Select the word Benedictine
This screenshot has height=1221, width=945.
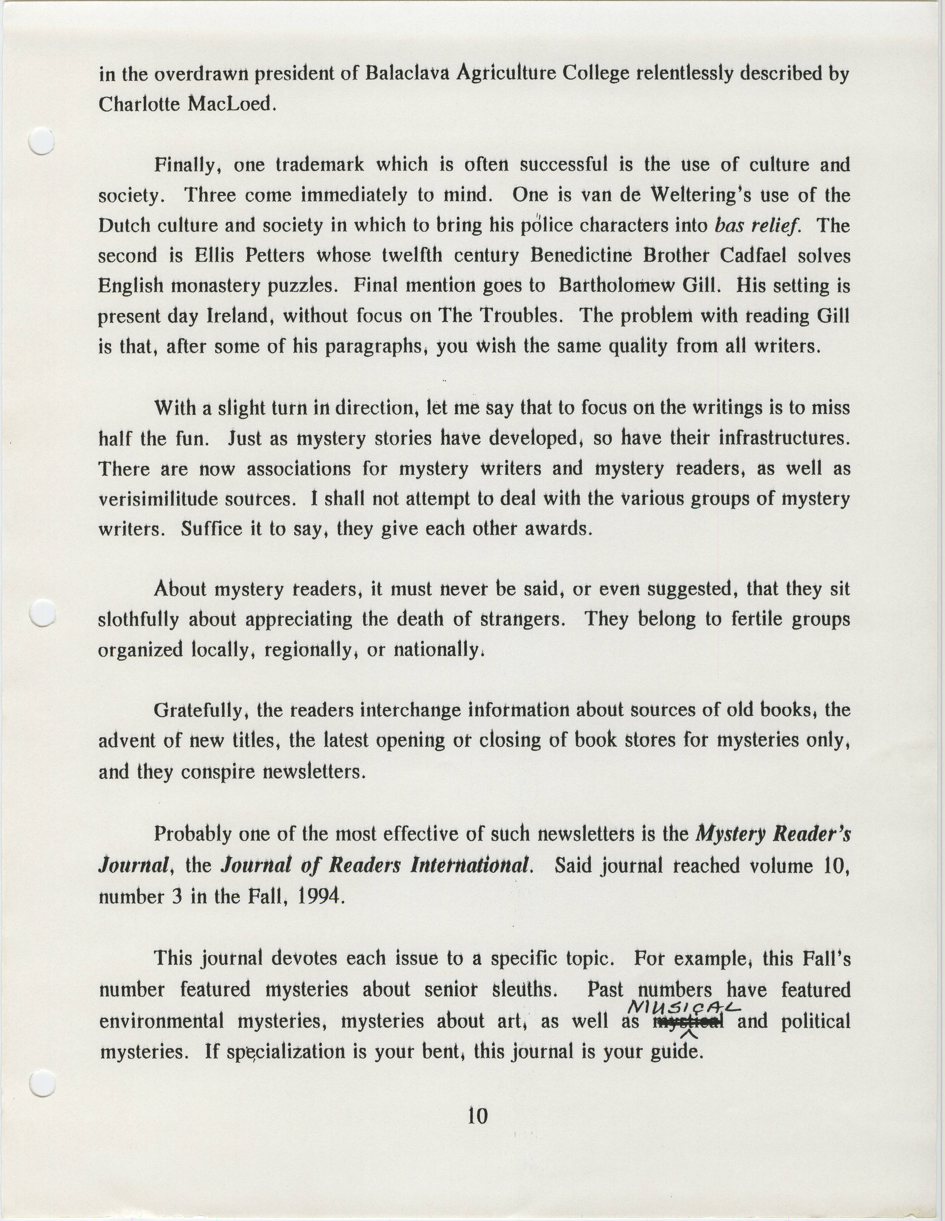[580, 256]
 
